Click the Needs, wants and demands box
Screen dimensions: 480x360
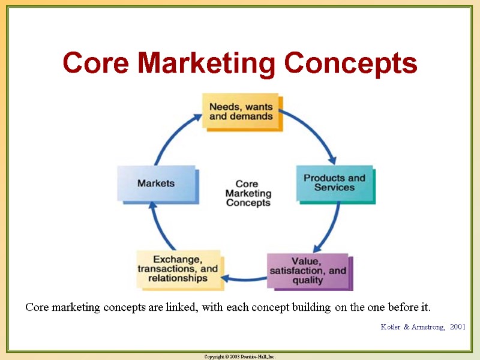click(x=241, y=111)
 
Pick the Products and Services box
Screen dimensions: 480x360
click(x=334, y=182)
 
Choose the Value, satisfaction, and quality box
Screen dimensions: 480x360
click(x=308, y=271)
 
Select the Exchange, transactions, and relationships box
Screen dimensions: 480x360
click(x=177, y=269)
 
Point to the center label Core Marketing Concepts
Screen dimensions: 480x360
click(x=248, y=193)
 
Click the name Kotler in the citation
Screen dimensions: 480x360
click(x=394, y=326)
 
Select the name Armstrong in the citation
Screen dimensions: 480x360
click(x=428, y=326)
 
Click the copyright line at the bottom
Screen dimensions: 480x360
click(x=240, y=356)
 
